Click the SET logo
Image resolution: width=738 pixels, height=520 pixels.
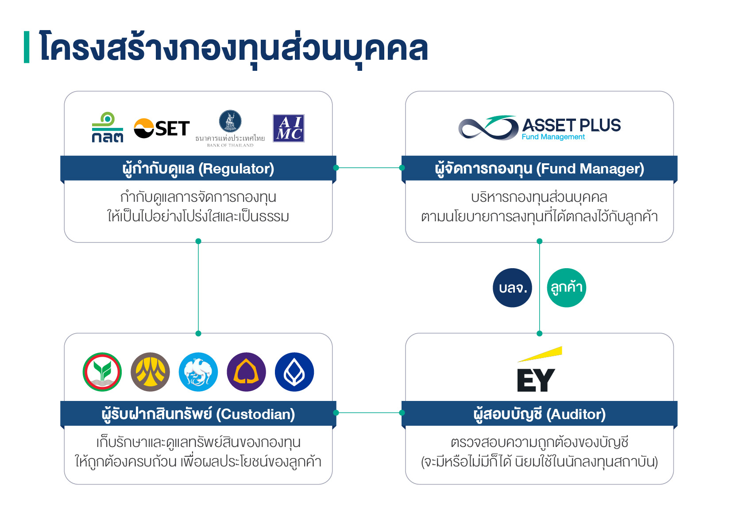pyautogui.click(x=162, y=128)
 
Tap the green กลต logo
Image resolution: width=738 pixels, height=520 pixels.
pyautogui.click(x=107, y=127)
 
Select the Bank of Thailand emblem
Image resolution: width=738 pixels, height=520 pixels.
pyautogui.click(x=230, y=121)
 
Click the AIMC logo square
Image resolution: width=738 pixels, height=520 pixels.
pyautogui.click(x=288, y=128)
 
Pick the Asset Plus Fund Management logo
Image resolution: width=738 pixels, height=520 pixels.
pyautogui.click(x=539, y=127)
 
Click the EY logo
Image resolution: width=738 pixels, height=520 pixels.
pyautogui.click(x=537, y=370)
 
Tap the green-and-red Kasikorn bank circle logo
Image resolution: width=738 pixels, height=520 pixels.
pyautogui.click(x=102, y=372)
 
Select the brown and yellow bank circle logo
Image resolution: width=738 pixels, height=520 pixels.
pyautogui.click(x=150, y=372)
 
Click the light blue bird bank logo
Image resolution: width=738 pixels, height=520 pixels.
pyautogui.click(x=198, y=372)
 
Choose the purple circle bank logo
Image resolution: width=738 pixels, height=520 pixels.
pyautogui.click(x=246, y=372)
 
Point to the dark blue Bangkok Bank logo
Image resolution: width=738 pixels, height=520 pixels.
pyautogui.click(x=294, y=372)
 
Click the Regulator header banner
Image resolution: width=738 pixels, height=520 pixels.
pyautogui.click(x=198, y=169)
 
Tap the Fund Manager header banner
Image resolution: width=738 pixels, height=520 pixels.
pyautogui.click(x=539, y=169)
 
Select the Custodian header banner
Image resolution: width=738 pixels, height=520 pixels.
pyautogui.click(x=198, y=414)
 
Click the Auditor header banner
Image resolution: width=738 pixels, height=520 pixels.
pyautogui.click(x=539, y=414)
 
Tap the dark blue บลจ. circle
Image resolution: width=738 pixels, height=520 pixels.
pyautogui.click(x=512, y=288)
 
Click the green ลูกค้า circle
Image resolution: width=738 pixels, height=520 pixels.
pyautogui.click(x=566, y=288)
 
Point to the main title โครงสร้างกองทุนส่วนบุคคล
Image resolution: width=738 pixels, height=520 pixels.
pyautogui.click(x=233, y=48)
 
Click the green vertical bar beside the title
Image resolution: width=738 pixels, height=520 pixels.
pyautogui.click(x=27, y=47)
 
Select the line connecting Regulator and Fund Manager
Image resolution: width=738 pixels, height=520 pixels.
pyautogui.click(x=369, y=168)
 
